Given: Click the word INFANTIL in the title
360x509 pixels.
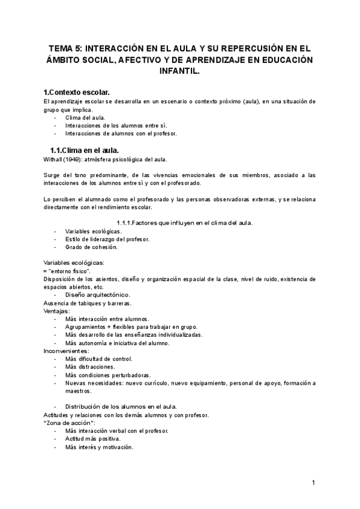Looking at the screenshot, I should tap(180, 71).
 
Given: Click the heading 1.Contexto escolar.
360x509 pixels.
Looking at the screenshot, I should tap(77, 92).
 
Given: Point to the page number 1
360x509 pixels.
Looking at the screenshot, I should tap(313, 483).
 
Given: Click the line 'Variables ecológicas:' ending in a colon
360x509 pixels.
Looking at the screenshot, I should tap(74, 262).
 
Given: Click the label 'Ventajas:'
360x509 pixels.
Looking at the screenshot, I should tap(57, 311).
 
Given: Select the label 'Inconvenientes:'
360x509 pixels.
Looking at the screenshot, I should tap(66, 351).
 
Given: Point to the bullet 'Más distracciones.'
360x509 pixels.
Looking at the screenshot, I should tap(90, 367).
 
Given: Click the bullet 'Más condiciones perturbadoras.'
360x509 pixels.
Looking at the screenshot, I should tap(108, 375).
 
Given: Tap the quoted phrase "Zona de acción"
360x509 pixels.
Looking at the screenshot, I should tap(68, 423).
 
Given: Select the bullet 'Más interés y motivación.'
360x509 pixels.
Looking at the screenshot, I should tap(99, 447).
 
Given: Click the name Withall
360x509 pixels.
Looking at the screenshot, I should tap(54, 159).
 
